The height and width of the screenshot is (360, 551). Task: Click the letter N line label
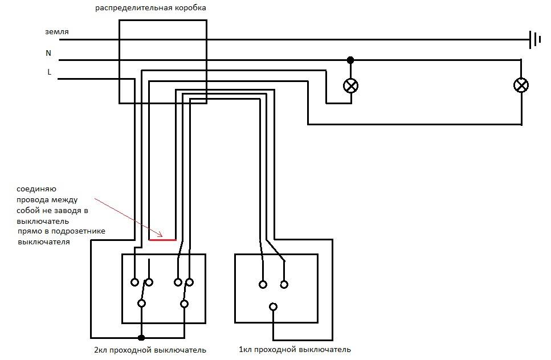tap(48, 53)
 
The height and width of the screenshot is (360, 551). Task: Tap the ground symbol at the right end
tap(535, 40)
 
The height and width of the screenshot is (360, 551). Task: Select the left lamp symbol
tap(350, 86)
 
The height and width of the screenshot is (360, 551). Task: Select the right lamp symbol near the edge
tap(521, 85)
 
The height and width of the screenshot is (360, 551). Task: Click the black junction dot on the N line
tap(350, 60)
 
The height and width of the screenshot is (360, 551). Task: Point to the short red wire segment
tap(162, 240)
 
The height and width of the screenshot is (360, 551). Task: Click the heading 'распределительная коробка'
tap(152, 8)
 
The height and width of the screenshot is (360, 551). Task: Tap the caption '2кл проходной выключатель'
tap(150, 350)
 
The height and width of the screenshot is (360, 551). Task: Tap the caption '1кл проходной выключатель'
tap(295, 349)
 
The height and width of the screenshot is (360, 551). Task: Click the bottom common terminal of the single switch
tap(274, 307)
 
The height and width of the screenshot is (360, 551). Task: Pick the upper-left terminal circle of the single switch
tap(263, 284)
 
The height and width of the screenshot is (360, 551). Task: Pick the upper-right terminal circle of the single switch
tap(284, 284)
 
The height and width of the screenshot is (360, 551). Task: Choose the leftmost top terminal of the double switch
tap(134, 282)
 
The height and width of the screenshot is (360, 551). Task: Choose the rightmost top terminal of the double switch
tap(190, 282)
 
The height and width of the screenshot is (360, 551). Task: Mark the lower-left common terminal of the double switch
tap(142, 304)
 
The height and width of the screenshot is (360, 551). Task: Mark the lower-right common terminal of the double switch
tap(184, 304)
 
